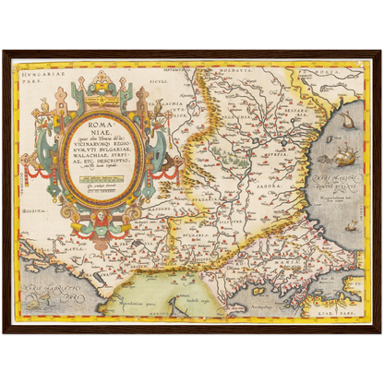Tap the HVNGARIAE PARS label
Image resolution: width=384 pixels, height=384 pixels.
(x=34, y=67)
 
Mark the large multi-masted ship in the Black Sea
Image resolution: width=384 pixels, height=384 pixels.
(x=343, y=158)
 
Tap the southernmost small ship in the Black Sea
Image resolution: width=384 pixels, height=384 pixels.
(x=351, y=224)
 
